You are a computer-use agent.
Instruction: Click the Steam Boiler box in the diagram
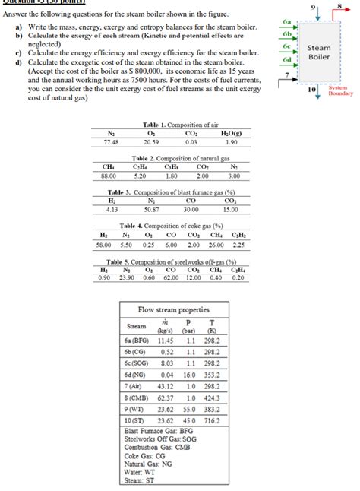[x=319, y=52]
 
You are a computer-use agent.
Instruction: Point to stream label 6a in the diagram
[x=286, y=24]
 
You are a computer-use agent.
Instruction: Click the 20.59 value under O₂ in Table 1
[x=150, y=141]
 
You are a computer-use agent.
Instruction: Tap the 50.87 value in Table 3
[x=150, y=208]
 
